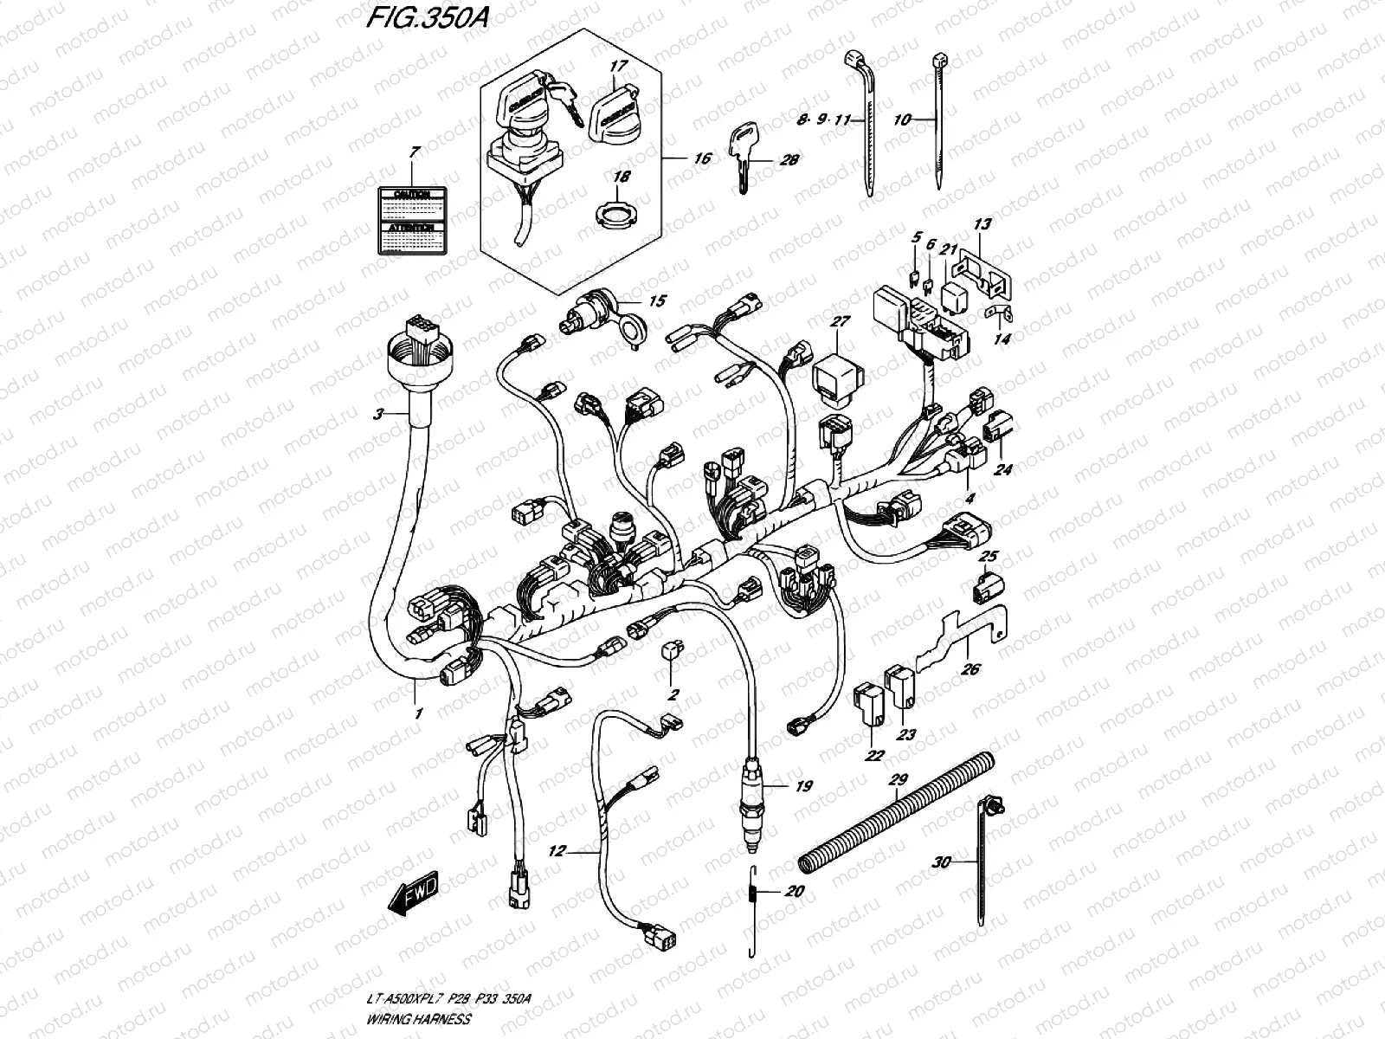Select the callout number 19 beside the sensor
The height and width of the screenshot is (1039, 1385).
point(804,786)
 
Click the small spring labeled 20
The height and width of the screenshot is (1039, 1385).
point(751,892)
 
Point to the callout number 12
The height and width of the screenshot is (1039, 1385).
point(556,852)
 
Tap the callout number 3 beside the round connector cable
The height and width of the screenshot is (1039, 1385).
point(378,415)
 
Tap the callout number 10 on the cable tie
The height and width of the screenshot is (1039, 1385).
point(902,120)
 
